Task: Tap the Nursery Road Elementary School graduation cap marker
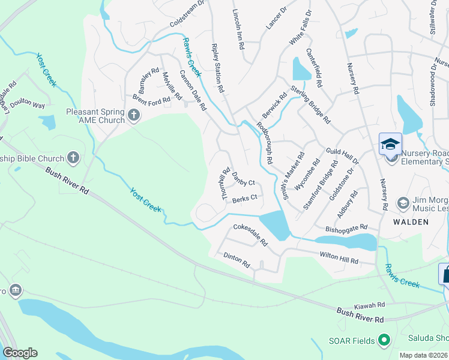click(390, 145)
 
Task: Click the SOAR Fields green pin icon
click(384, 341)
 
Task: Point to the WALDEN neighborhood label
click(411, 222)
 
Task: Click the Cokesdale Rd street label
click(250, 235)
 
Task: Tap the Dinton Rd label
click(237, 259)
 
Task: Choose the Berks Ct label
click(245, 197)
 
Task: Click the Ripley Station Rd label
click(217, 67)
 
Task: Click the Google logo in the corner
click(20, 353)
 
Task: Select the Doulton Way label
click(30, 104)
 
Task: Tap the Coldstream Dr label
click(187, 13)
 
